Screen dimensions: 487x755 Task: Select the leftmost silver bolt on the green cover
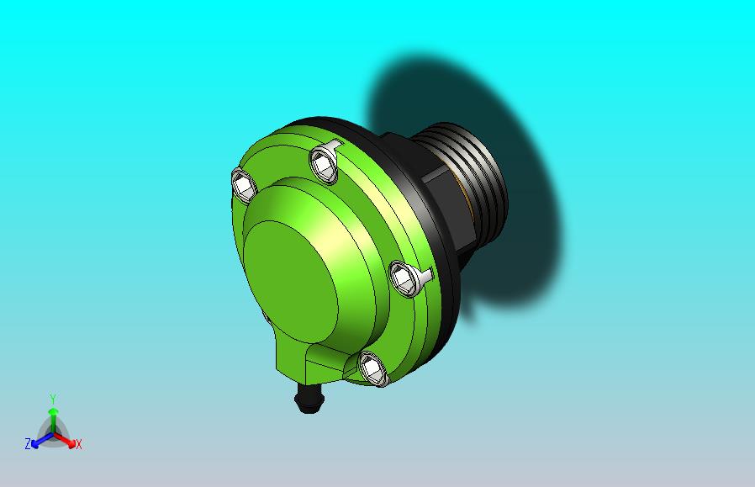pyautogui.click(x=243, y=185)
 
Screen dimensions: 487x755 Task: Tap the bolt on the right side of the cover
pyautogui.click(x=404, y=278)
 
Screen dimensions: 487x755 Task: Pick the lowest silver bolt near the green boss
pyautogui.click(x=372, y=368)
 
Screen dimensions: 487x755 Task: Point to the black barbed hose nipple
pyautogui.click(x=309, y=399)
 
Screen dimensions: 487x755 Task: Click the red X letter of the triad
pyautogui.click(x=78, y=444)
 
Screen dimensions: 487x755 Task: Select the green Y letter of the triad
pyautogui.click(x=52, y=398)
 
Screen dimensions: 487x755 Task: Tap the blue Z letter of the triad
pyautogui.click(x=28, y=443)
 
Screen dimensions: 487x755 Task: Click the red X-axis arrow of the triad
pyautogui.click(x=67, y=440)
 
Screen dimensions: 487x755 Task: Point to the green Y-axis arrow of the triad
pyautogui.click(x=52, y=416)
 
